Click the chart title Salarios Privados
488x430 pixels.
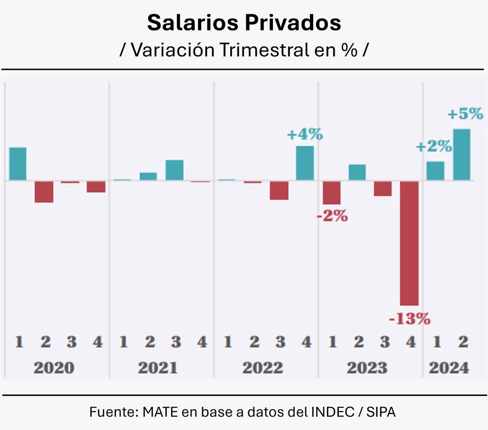(244, 23)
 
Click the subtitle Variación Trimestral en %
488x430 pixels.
(244, 50)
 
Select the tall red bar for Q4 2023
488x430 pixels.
(409, 243)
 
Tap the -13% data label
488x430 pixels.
(410, 319)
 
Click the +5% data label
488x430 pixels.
(465, 114)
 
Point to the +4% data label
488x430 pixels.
(305, 134)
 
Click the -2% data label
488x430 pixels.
(332, 216)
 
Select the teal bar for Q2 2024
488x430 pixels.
(462, 154)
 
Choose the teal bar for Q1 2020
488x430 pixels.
(18, 164)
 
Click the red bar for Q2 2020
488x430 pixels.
(44, 191)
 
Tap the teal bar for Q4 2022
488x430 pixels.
(305, 163)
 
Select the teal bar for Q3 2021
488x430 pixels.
(174, 170)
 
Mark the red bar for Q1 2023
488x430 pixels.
(331, 193)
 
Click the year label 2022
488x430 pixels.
(262, 368)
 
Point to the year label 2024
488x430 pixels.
(449, 368)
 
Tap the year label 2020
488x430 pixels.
(54, 368)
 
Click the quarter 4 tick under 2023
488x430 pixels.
(411, 342)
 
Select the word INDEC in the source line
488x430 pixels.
(333, 412)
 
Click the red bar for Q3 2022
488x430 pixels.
(279, 190)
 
